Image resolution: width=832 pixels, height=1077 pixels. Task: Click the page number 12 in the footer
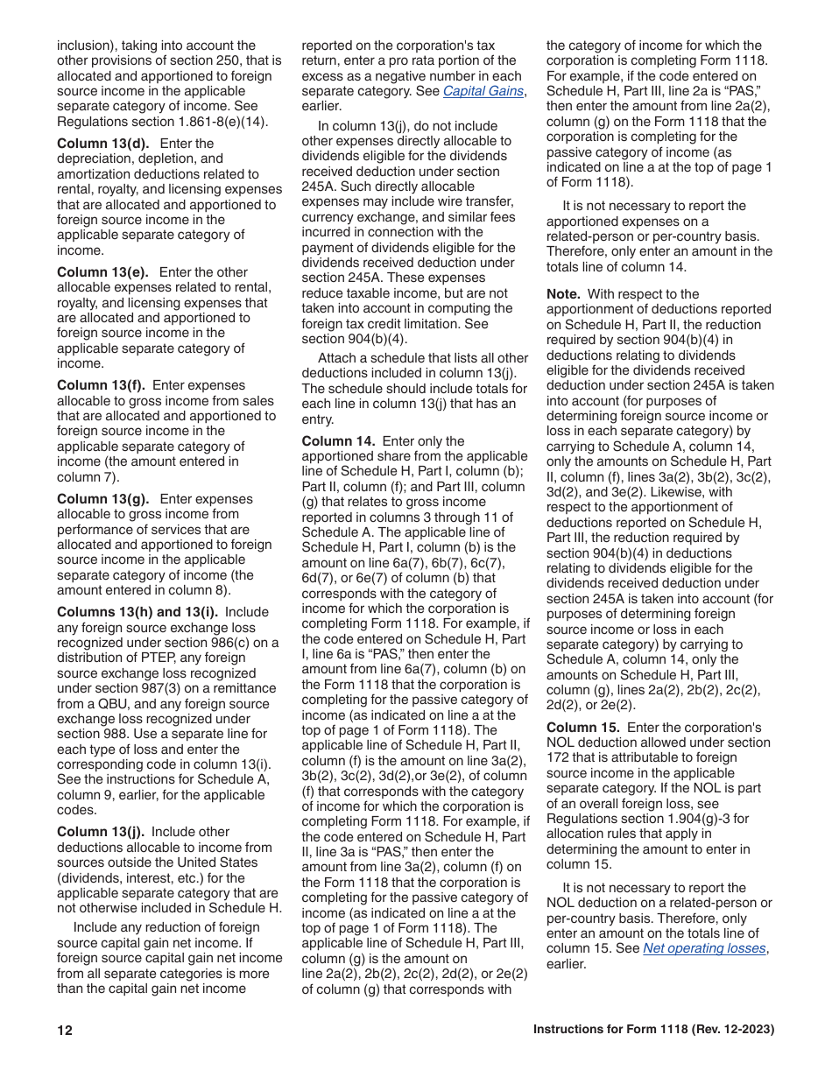(65, 1031)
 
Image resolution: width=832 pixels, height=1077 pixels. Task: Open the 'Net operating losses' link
(704, 948)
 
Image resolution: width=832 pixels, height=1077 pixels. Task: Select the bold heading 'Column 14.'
(339, 441)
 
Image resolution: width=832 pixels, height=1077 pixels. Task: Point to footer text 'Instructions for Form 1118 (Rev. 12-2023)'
(653, 1031)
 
